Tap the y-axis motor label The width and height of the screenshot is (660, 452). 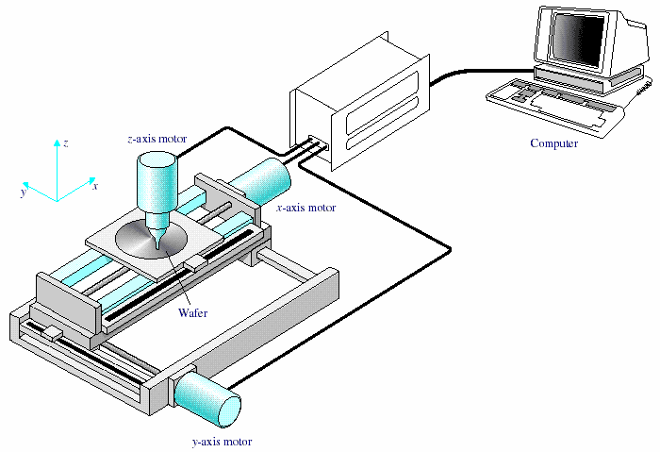coord(222,441)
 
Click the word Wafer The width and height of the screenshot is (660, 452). coord(192,312)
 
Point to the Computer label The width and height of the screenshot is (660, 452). coord(553,143)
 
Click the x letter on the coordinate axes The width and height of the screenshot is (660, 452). coord(95,187)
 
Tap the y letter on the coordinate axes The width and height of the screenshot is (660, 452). coord(22,192)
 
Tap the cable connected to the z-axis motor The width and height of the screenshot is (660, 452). coord(226,130)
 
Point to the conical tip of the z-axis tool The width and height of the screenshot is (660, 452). coord(157,242)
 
